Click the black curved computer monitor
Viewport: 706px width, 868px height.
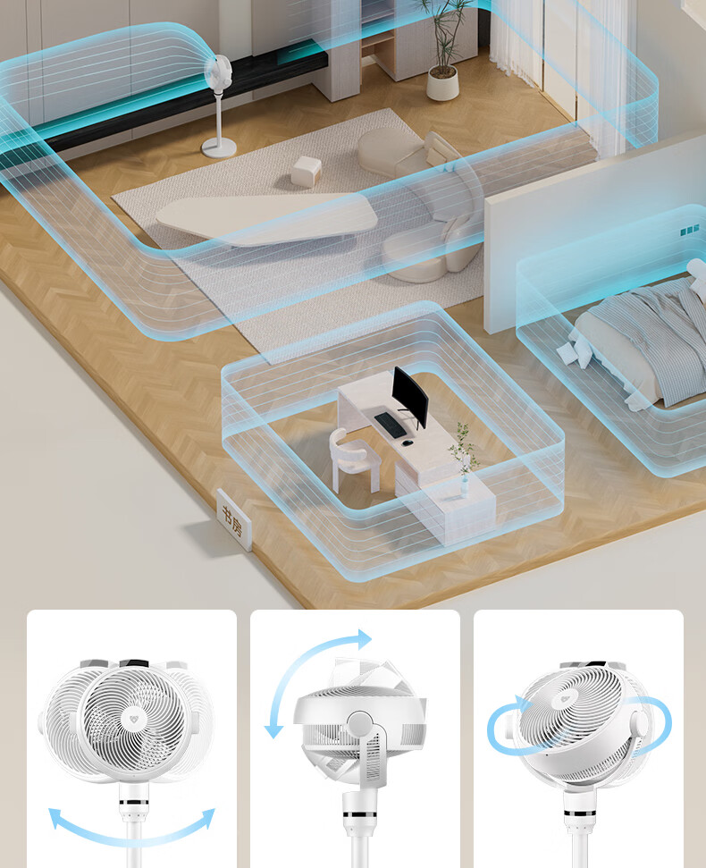(x=409, y=395)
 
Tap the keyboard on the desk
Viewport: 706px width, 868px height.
(x=389, y=425)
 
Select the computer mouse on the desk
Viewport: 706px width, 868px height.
(x=407, y=442)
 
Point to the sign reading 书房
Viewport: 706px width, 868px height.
(x=233, y=519)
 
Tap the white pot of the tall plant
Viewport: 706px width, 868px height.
(x=442, y=84)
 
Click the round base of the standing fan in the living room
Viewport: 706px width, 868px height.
(x=219, y=147)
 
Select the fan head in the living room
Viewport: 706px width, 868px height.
(x=217, y=72)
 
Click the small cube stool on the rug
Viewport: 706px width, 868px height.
(x=306, y=171)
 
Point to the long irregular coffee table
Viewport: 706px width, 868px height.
(x=266, y=218)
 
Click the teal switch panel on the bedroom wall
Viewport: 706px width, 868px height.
(x=689, y=229)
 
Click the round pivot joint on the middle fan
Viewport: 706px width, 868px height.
(x=359, y=723)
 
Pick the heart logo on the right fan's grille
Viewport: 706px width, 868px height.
(x=565, y=699)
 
